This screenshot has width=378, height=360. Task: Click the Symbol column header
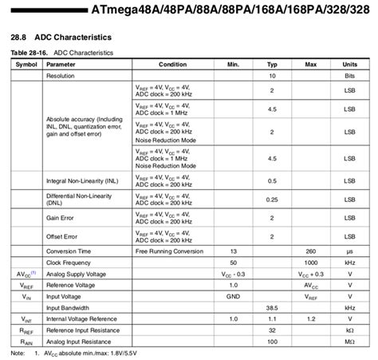(26, 64)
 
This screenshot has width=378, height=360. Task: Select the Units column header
(349, 64)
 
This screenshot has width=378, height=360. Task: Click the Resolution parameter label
(65, 76)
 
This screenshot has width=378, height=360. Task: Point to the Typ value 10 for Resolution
(272, 76)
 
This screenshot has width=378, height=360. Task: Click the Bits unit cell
(349, 76)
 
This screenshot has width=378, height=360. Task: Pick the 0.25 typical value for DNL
(272, 199)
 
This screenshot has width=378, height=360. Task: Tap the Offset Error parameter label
(65, 236)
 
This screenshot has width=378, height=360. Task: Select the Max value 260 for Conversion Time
(311, 251)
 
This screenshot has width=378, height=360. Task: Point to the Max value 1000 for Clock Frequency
(311, 262)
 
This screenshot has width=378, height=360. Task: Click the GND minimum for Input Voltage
(234, 295)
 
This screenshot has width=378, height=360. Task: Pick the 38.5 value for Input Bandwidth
(272, 307)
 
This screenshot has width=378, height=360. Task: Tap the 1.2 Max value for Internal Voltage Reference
(311, 318)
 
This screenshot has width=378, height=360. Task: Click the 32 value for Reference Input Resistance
(272, 330)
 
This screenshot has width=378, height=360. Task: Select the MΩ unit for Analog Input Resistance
(349, 341)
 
